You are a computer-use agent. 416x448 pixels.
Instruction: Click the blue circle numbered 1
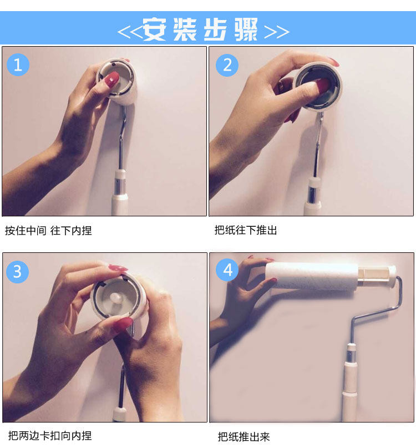click(18, 64)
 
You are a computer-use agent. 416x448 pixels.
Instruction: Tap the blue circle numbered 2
click(227, 65)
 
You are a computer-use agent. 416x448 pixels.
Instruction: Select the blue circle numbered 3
click(17, 271)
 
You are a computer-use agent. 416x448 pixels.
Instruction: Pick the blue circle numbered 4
click(227, 270)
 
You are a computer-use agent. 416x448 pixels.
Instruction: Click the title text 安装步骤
click(200, 29)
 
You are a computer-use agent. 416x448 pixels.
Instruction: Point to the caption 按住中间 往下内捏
click(48, 231)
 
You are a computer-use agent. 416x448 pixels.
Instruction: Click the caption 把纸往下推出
click(246, 230)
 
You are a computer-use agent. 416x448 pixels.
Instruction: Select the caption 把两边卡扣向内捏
click(50, 436)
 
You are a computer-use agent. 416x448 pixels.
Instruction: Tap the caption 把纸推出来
click(244, 437)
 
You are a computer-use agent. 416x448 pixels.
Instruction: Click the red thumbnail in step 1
click(112, 79)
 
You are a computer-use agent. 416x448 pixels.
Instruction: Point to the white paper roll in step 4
click(312, 276)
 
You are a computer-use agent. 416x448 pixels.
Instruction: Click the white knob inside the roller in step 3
click(116, 298)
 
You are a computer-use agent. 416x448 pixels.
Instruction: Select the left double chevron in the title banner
click(130, 32)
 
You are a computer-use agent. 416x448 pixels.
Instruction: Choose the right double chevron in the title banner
click(277, 32)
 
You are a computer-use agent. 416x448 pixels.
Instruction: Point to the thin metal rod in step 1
click(121, 138)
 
